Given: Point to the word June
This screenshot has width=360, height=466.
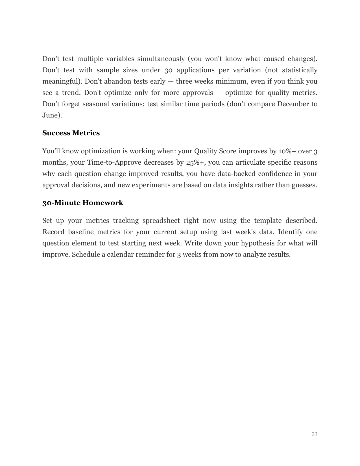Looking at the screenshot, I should point(51,115).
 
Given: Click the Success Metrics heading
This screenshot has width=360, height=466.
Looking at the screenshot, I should point(71,133).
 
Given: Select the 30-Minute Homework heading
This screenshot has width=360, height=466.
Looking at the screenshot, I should point(83,203).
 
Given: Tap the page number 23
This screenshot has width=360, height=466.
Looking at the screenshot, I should point(314,434).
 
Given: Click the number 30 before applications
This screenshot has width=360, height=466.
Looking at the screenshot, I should point(168,70).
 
